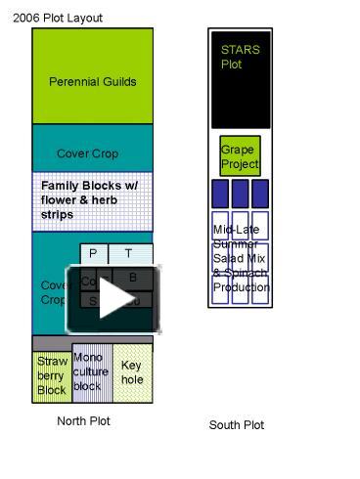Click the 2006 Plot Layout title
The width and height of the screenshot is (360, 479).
pyautogui.click(x=58, y=18)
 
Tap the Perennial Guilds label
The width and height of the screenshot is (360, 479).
pyautogui.click(x=93, y=82)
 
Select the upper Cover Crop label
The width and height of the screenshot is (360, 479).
pyautogui.click(x=87, y=153)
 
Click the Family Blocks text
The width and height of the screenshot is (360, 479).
pyautogui.click(x=90, y=199)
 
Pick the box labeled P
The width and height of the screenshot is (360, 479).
pyautogui.click(x=93, y=254)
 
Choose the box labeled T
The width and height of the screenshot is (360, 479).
pyautogui.click(x=129, y=254)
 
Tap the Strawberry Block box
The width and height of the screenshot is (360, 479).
pyautogui.click(x=52, y=375)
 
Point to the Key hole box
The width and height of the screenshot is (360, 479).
pyautogui.click(x=132, y=372)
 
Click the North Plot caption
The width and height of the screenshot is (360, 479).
pyautogui.click(x=84, y=421)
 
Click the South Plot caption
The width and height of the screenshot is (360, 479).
pyautogui.click(x=237, y=425)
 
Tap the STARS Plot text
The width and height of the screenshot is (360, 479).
pyautogui.click(x=235, y=57)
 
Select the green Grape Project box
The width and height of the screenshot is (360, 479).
pyautogui.click(x=240, y=156)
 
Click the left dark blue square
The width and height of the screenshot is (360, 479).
pyautogui.click(x=220, y=193)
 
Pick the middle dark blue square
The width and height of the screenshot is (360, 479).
pyautogui.click(x=240, y=193)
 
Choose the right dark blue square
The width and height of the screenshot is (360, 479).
pyautogui.click(x=260, y=193)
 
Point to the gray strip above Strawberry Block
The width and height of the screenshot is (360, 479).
pyautogui.click(x=93, y=341)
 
